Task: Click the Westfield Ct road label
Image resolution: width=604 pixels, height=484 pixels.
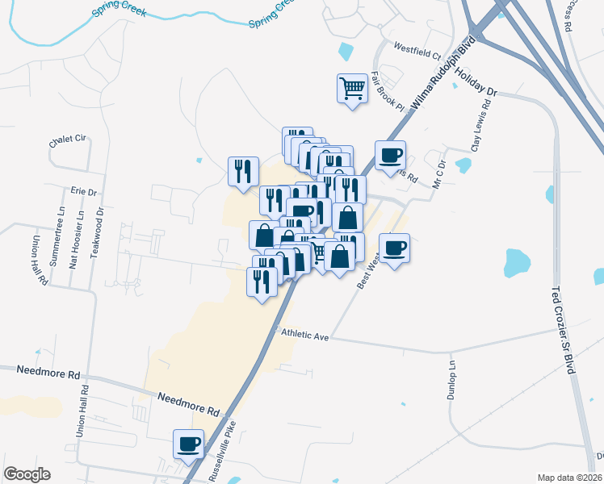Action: coord(417,56)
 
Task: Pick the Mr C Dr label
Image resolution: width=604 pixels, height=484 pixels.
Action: coord(439,173)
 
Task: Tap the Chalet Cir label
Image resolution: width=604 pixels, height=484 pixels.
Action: coord(67,140)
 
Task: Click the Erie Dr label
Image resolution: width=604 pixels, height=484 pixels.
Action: coord(83,192)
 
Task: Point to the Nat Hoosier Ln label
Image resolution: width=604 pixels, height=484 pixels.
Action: coord(78,240)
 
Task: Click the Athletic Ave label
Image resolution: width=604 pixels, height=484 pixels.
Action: coord(304,336)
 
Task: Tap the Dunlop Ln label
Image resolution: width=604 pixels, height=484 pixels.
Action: coord(451,380)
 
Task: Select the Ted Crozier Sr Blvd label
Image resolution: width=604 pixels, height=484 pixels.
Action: coord(564,330)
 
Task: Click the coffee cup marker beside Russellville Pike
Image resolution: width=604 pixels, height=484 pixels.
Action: coord(189,443)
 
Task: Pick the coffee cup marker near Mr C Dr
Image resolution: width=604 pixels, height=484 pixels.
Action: coord(390,154)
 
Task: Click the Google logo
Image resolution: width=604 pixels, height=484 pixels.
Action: coord(27,474)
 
